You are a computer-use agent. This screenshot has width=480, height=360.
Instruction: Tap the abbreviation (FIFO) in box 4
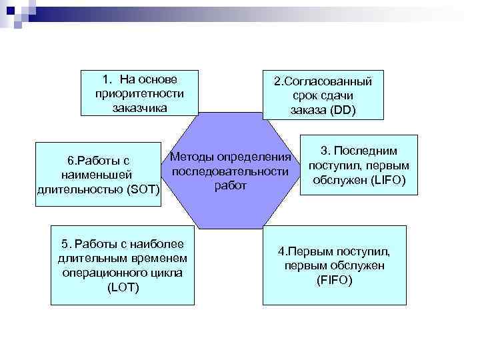click(334, 280)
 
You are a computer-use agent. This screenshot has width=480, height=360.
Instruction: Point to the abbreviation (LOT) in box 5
click(123, 287)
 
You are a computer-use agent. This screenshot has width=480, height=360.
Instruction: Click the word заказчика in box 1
click(139, 107)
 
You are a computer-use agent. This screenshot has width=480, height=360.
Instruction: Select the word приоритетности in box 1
click(139, 93)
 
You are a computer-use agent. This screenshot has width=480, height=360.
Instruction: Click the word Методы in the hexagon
click(193, 157)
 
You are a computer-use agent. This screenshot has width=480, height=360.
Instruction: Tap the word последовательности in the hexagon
click(231, 171)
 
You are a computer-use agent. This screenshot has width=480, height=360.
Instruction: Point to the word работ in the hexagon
click(231, 185)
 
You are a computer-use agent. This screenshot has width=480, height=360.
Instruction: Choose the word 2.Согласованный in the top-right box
click(323, 81)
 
